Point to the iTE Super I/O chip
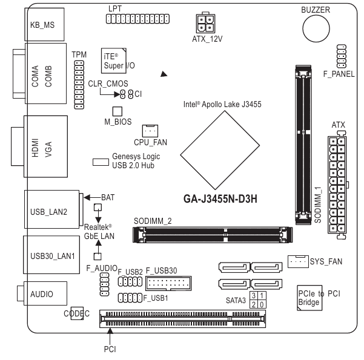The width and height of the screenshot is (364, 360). (113, 59)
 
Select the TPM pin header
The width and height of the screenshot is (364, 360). (79, 84)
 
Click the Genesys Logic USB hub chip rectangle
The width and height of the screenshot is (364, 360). (101, 162)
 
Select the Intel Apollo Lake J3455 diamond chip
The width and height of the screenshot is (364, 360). (214, 143)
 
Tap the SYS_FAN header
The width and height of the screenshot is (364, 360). (297, 261)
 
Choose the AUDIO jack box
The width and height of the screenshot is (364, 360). (45, 294)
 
